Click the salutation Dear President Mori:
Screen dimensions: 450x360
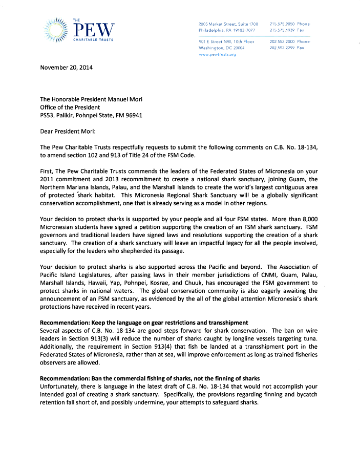coord(68,131)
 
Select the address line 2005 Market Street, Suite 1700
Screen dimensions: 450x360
coord(228,24)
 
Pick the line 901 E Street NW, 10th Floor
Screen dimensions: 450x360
coord(226,41)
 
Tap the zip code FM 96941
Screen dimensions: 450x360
coord(129,115)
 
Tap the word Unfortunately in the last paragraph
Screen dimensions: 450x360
coord(59,386)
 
